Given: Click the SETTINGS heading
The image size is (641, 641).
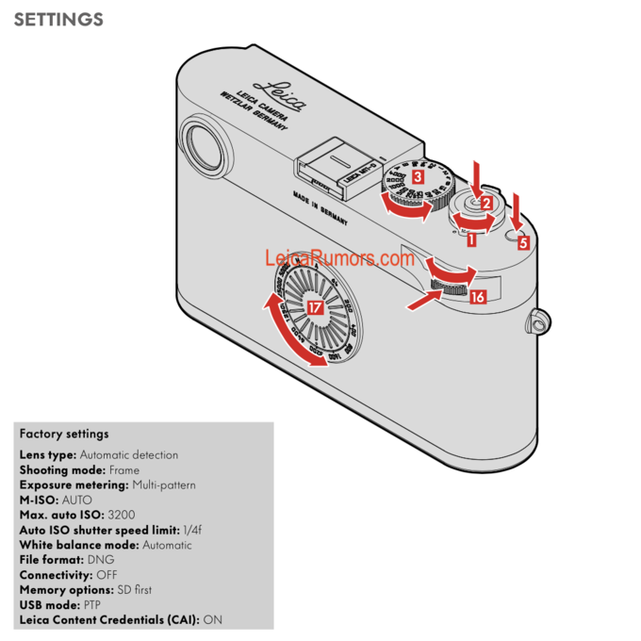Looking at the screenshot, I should click(x=58, y=19).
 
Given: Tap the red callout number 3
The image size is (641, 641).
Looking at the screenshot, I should click(x=417, y=174).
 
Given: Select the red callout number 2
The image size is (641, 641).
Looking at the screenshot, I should click(x=486, y=202).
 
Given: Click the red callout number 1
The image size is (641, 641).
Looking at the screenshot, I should click(x=471, y=239).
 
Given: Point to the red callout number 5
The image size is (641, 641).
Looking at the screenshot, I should click(x=523, y=240).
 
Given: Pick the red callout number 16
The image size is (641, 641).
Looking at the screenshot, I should click(x=477, y=297).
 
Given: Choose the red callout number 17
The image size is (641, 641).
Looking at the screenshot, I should click(x=315, y=307).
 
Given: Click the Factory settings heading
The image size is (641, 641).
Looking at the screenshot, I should click(x=64, y=434).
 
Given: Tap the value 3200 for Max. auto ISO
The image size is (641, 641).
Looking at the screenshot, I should click(x=123, y=515).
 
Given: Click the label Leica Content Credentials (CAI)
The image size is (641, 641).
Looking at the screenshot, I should click(x=109, y=620).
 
